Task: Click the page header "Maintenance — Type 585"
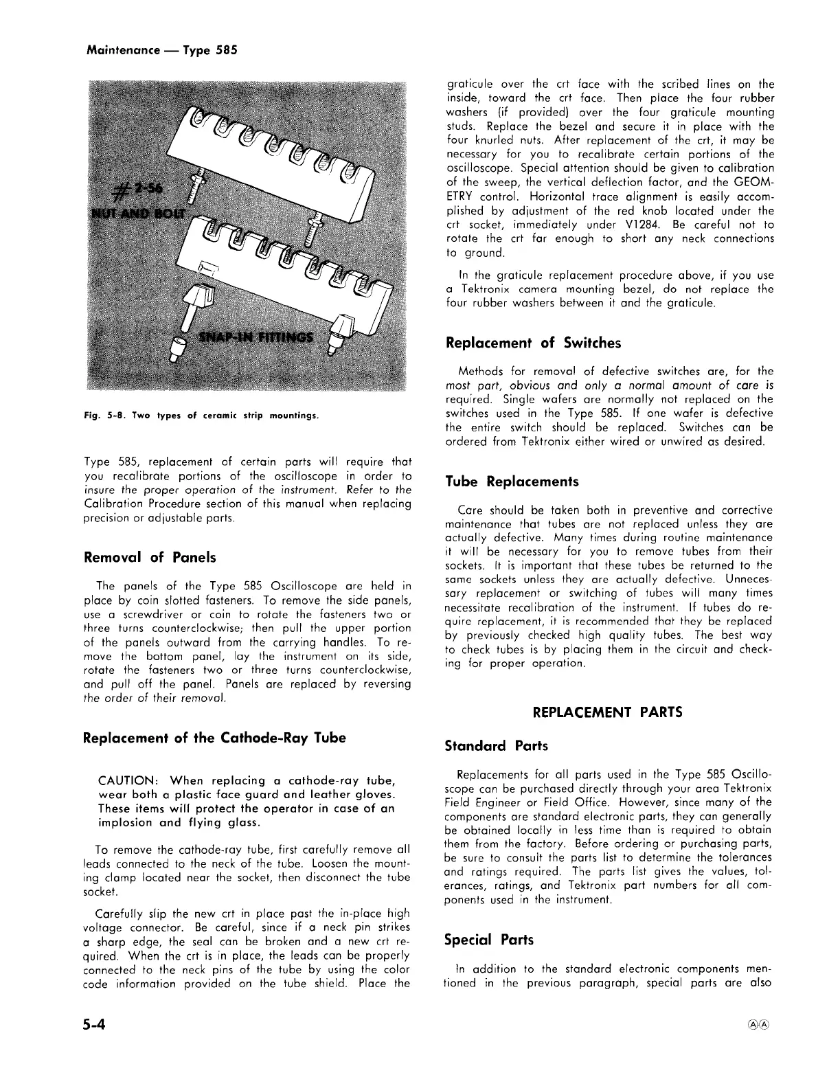[x=162, y=50]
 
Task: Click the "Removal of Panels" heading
[x=149, y=557]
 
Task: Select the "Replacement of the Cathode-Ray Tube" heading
[x=214, y=738]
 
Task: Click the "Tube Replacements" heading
[x=512, y=482]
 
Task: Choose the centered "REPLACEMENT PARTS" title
[x=607, y=712]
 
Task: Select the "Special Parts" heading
[x=488, y=939]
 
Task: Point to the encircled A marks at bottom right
[x=756, y=1021]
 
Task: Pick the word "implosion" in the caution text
[x=125, y=822]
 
